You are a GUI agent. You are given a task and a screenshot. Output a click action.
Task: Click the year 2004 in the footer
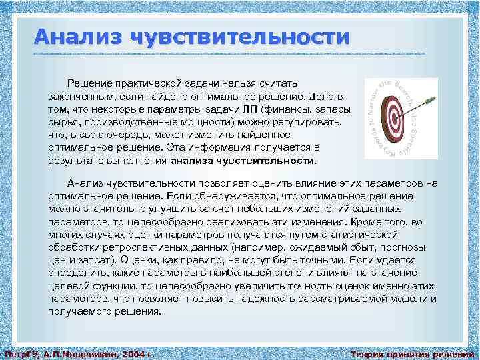pyautogui.click(x=125, y=354)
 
